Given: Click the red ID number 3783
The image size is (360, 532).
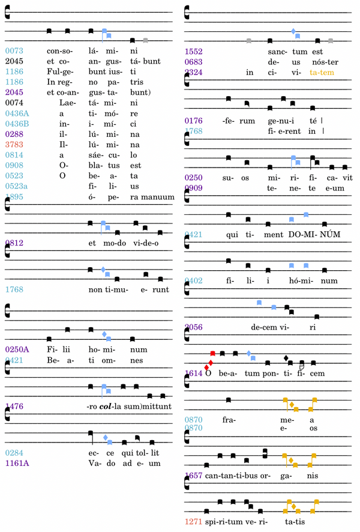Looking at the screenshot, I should point(14,145).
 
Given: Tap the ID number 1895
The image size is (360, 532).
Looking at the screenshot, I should point(14,196).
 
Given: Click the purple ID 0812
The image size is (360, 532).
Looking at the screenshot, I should point(14,243).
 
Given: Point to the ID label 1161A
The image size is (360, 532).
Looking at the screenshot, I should point(16,463).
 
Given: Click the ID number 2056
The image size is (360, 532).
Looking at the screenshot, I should point(194,327).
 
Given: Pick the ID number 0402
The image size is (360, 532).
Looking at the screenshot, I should point(194,280).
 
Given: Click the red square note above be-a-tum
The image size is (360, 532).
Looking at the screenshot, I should point(212,353).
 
